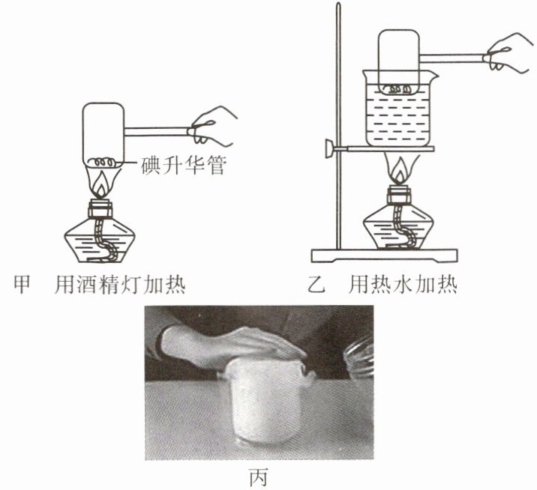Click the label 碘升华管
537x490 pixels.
[x=184, y=166]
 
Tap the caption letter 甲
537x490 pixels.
[x=22, y=284]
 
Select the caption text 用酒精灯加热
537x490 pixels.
[x=120, y=284]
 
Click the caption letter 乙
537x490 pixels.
[x=316, y=284]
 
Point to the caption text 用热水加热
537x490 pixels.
[x=403, y=284]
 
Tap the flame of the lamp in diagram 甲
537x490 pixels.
[x=102, y=185]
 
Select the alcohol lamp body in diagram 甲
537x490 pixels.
[x=100, y=240]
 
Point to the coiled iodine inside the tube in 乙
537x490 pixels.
[x=398, y=89]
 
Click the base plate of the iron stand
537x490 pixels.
[x=384, y=255]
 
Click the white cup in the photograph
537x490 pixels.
[x=264, y=401]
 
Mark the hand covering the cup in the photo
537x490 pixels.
[x=233, y=345]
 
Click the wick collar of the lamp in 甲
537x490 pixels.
[x=100, y=209]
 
